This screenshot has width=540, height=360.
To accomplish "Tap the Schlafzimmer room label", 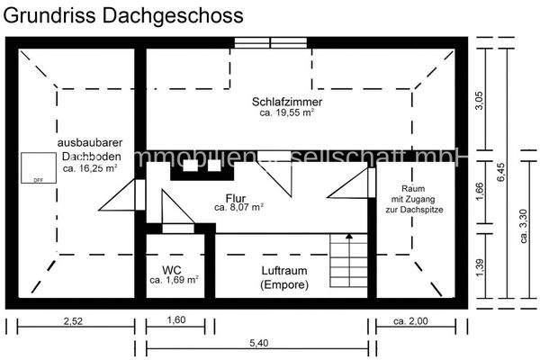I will pyautogui.click(x=287, y=103).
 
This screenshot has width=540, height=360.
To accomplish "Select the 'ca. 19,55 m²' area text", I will pyautogui.click(x=287, y=114).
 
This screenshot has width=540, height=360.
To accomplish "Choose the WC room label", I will pyautogui.click(x=173, y=270).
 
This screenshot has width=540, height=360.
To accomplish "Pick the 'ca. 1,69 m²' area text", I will pyautogui.click(x=174, y=281).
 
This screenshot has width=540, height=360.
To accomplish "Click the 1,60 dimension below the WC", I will pyautogui.click(x=176, y=320).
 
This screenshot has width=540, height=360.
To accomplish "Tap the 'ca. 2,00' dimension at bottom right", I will pyautogui.click(x=410, y=320).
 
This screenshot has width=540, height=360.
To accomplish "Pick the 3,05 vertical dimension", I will pyautogui.click(x=480, y=100).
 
